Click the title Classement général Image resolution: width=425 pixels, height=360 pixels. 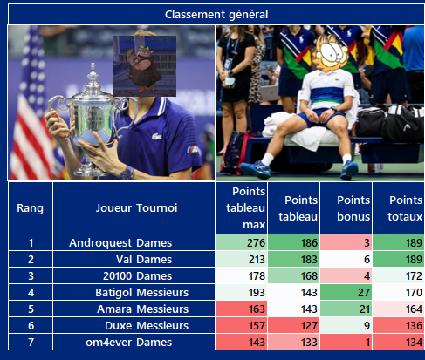(x=216, y=15)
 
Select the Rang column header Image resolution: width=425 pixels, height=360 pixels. (x=31, y=208)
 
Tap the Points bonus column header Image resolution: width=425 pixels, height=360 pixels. (x=353, y=208)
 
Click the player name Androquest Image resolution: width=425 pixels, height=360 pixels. (x=100, y=243)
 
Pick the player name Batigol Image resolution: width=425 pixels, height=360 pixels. (x=113, y=293)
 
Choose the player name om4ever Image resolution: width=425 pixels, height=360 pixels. (x=109, y=343)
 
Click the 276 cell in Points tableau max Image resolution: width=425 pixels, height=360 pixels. (x=256, y=243)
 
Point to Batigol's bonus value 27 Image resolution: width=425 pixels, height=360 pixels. (x=364, y=293)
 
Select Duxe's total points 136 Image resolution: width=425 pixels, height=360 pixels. (x=414, y=326)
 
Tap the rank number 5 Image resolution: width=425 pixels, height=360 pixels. (x=31, y=309)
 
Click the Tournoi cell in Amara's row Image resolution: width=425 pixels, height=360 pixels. (x=162, y=309)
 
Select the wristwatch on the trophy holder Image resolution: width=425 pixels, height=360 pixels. (x=127, y=173)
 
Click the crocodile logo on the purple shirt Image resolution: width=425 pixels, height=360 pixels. (x=156, y=136)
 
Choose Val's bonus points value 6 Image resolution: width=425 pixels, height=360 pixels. (x=367, y=260)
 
